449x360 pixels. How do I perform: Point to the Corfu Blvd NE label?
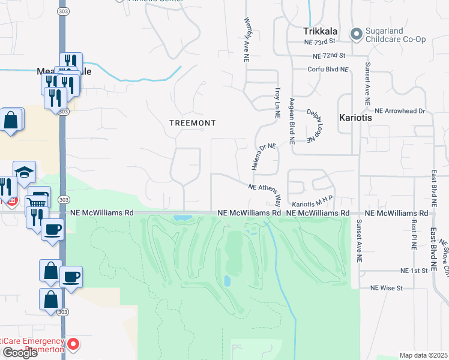point(328,70)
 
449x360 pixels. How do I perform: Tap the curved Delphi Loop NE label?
point(312,125)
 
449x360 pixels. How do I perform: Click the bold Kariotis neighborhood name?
point(355,118)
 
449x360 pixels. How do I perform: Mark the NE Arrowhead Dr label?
point(399,111)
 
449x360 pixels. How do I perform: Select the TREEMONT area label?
point(192,122)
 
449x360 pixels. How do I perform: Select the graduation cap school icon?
point(23,172)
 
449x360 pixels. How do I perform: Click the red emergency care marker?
point(73,344)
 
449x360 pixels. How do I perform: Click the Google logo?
point(20,353)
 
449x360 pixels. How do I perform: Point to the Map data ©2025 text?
point(423,355)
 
